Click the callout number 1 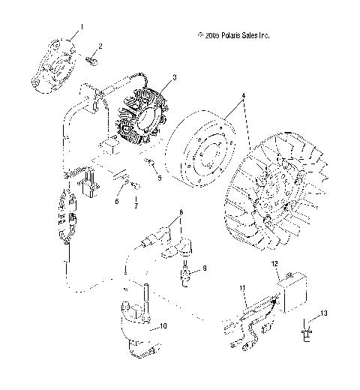82,26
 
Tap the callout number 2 100,46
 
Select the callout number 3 174,77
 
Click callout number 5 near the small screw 159,178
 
